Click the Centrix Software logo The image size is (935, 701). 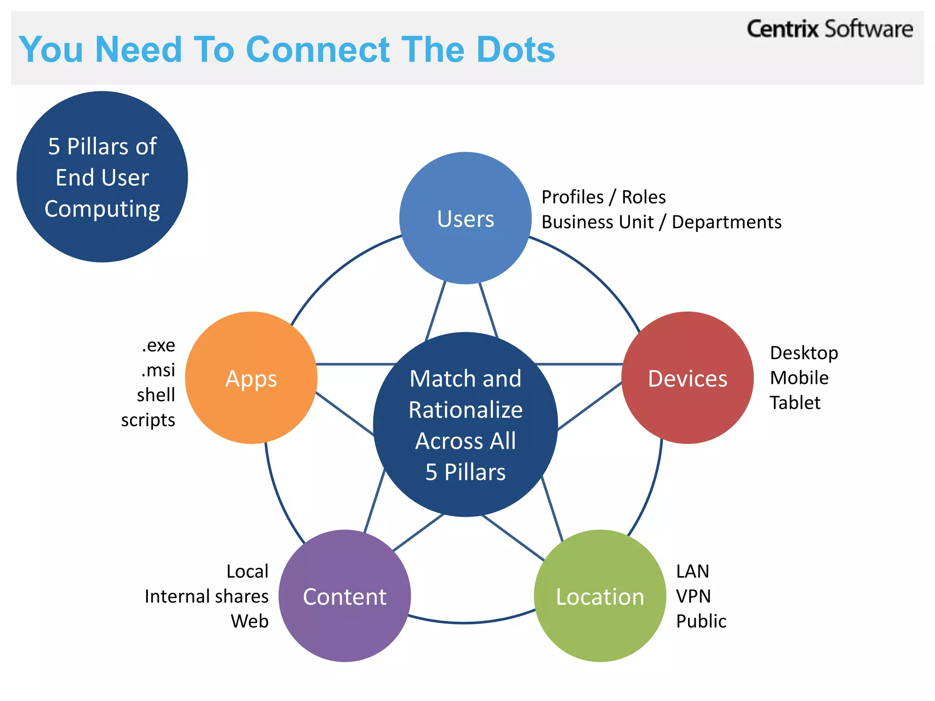click(x=829, y=29)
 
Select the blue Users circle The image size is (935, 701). click(x=465, y=218)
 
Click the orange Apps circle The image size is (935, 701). click(x=251, y=378)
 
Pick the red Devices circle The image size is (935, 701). click(x=687, y=378)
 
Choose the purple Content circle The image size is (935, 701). click(x=344, y=596)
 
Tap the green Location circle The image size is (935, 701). click(x=599, y=596)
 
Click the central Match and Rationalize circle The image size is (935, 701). click(x=465, y=424)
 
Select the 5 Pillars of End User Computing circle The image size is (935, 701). click(x=102, y=177)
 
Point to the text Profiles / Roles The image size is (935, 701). click(x=603, y=197)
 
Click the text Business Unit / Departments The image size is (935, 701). click(x=661, y=222)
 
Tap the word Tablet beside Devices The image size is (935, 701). click(x=795, y=403)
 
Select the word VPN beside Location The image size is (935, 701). click(x=693, y=596)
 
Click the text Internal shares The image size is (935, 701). click(x=206, y=596)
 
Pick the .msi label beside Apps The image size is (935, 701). click(x=158, y=370)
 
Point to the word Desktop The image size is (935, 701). click(x=804, y=353)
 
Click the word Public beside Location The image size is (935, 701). click(x=701, y=621)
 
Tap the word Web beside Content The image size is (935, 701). click(x=249, y=621)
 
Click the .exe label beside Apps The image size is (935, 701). click(x=158, y=345)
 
